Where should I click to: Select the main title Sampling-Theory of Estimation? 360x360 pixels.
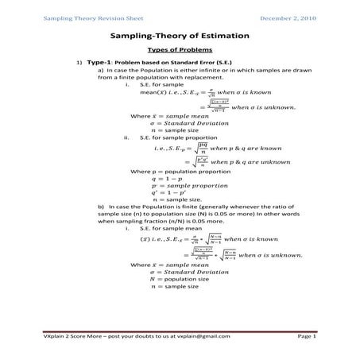pyautogui.click(x=180, y=36)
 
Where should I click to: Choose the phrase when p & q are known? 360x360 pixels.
pyautogui.click(x=243, y=148)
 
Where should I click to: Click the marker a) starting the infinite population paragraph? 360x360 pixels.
pyautogui.click(x=101, y=70)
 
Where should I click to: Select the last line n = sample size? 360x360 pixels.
pyautogui.click(x=174, y=286)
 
